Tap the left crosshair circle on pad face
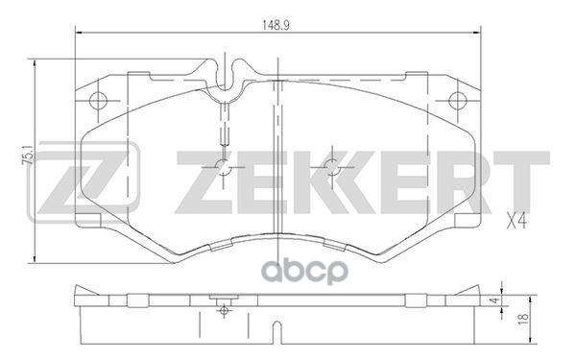click(223, 169)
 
